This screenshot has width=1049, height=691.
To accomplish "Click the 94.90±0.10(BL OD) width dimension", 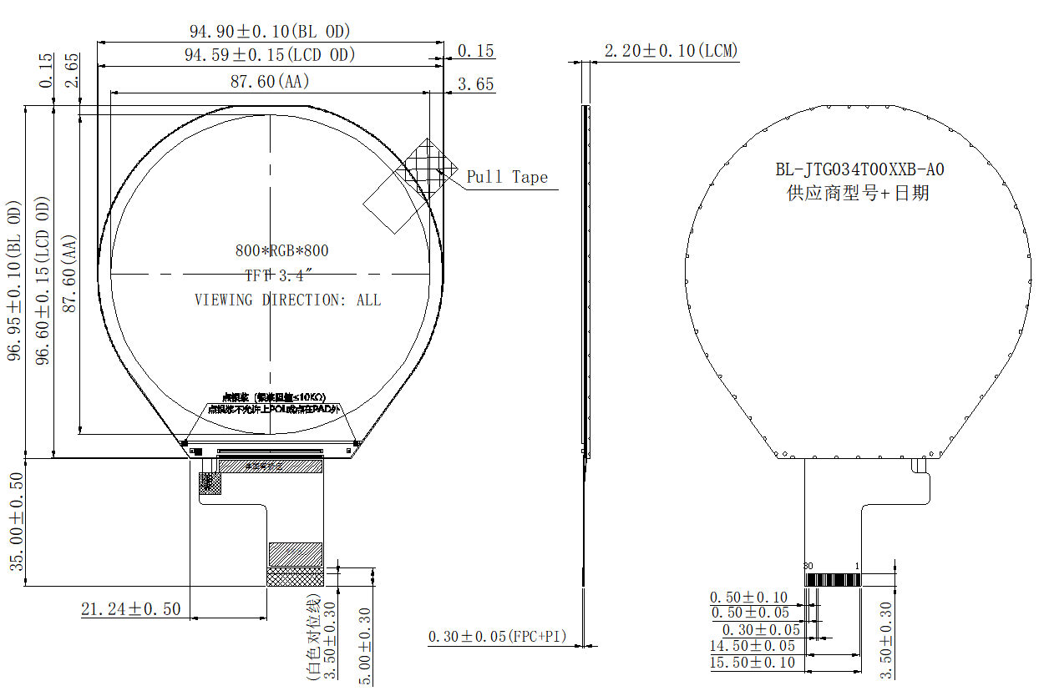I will (270, 31).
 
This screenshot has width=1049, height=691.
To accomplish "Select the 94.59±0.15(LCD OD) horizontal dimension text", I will (270, 55).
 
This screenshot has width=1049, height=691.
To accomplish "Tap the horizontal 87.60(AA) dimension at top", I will (270, 81).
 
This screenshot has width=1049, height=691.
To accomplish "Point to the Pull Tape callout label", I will (507, 177).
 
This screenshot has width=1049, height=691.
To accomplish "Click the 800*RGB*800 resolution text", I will (281, 250).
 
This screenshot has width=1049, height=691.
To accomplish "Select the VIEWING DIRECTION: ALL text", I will (287, 300).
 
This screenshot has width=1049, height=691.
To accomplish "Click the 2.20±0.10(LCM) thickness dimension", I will (671, 51).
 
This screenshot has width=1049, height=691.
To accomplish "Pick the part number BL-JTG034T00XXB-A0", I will (859, 169).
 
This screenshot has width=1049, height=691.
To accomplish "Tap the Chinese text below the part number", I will (859, 194).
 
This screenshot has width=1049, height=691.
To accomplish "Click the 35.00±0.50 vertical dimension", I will (16, 522).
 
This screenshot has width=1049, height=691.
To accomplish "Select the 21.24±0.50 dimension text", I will (130, 609).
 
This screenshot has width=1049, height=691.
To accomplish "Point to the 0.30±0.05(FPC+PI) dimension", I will (497, 637).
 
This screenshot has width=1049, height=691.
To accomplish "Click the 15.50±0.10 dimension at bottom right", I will (753, 663).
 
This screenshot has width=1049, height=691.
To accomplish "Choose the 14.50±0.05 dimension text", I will (753, 646).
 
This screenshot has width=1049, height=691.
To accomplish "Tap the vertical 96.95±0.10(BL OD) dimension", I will (14, 280).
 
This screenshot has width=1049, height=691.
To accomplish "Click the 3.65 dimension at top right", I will (475, 84).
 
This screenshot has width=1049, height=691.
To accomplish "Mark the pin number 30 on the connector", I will (808, 566).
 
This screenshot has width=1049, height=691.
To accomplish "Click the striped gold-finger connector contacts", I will (832, 579).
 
